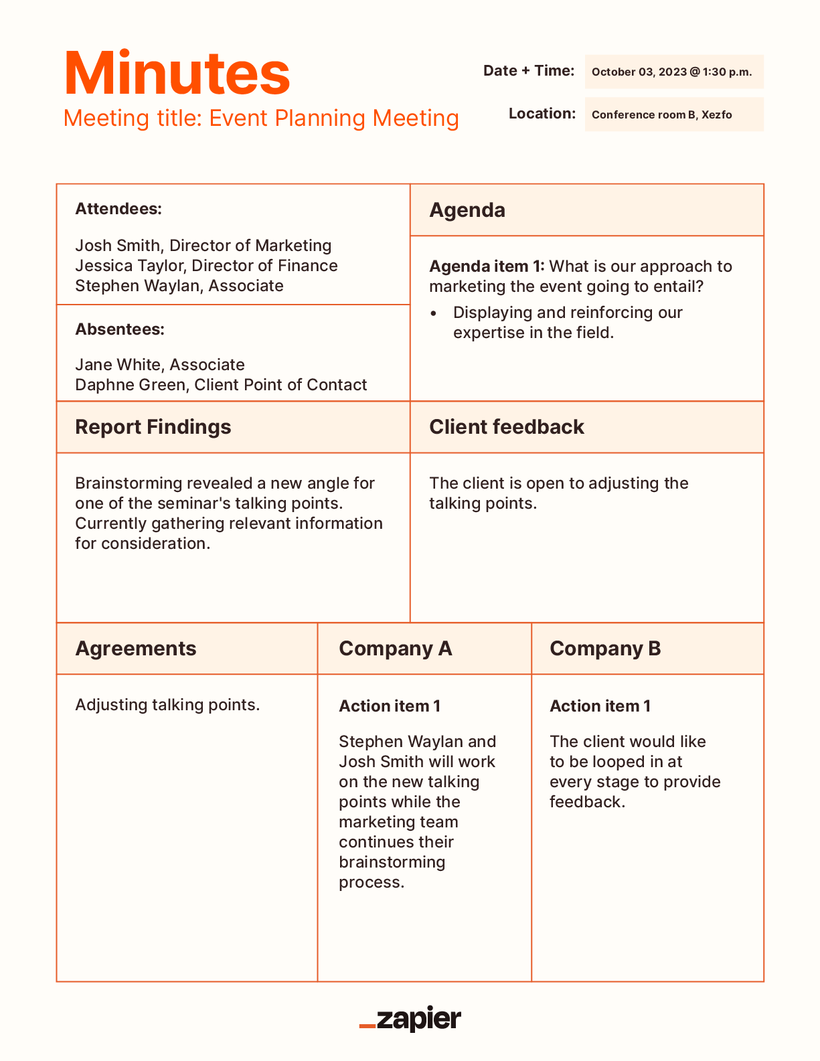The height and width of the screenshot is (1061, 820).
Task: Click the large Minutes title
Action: point(177,73)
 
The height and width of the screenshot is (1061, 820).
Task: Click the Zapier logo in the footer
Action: point(410,1019)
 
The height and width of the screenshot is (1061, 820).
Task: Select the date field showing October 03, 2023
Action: point(672,72)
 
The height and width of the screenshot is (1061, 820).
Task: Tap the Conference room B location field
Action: point(662,114)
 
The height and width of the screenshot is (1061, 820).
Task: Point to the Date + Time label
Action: point(529,70)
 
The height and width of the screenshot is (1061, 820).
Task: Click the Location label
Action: point(542,113)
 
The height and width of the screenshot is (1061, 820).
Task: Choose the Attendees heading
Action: point(118,209)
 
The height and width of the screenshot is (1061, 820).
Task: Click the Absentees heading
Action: point(120,329)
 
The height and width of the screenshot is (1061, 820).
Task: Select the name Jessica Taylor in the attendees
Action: point(129,266)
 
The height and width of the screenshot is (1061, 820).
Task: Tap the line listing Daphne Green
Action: point(221,385)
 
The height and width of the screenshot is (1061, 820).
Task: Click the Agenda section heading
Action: point(467,210)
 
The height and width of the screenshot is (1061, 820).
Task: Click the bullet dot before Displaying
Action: point(434,313)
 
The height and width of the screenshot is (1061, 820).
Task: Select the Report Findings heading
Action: point(153,427)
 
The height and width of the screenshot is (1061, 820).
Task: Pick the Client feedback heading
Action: point(507,427)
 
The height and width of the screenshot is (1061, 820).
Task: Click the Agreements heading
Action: point(136,649)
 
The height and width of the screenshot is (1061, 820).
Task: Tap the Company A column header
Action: point(396,649)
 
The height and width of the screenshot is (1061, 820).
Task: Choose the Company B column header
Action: point(605,649)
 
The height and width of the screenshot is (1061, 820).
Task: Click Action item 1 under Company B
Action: point(600,706)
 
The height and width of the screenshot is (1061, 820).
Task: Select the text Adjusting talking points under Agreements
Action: point(167,705)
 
